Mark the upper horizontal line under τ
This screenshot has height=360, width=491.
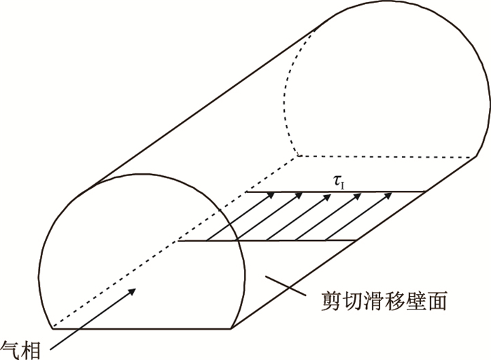337,192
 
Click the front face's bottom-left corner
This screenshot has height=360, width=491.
54,328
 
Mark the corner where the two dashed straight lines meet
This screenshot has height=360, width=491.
297,155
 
